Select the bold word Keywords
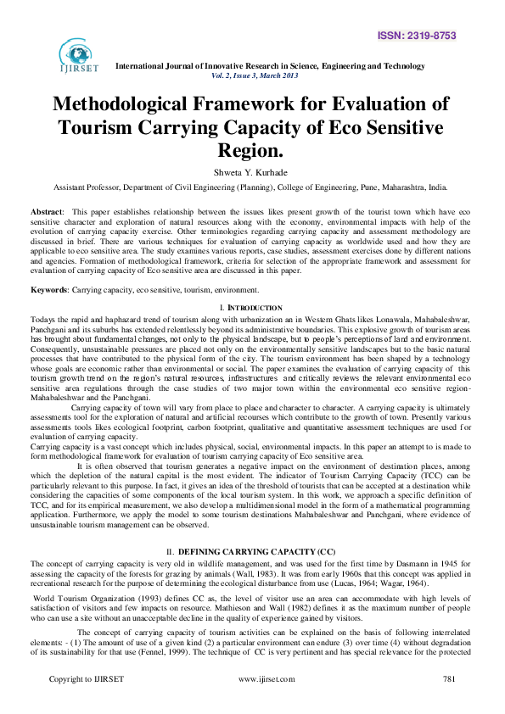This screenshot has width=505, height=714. click(x=51, y=290)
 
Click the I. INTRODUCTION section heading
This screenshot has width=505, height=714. click(x=251, y=306)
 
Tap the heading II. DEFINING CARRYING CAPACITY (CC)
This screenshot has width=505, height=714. click(x=253, y=527)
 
